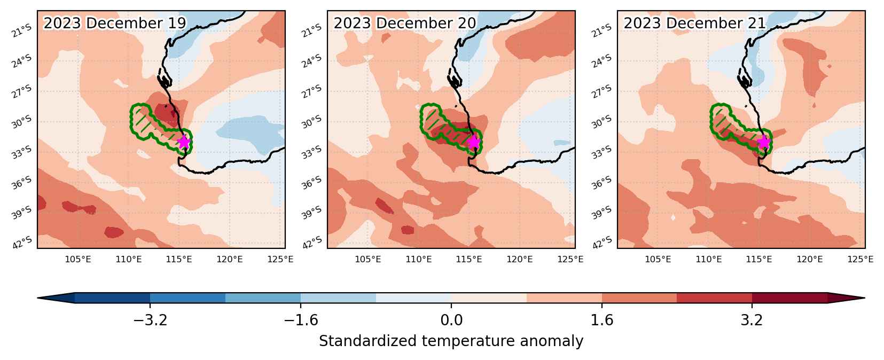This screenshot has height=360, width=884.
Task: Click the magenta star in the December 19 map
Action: pyautogui.click(x=184, y=142)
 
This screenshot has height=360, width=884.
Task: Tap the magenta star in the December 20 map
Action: pyautogui.click(x=474, y=142)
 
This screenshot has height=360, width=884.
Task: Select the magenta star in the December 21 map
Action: pyautogui.click(x=764, y=142)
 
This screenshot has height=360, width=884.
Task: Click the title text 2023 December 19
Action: pyautogui.click(x=115, y=23)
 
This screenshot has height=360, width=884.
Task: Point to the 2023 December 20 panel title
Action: pyautogui.click(x=405, y=23)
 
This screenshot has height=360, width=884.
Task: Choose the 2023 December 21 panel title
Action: pyautogui.click(x=694, y=23)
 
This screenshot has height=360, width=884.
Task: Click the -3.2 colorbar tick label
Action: pyautogui.click(x=150, y=320)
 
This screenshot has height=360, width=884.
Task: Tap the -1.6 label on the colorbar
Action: pyautogui.click(x=301, y=320)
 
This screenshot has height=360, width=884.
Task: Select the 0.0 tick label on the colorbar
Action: pyautogui.click(x=451, y=320)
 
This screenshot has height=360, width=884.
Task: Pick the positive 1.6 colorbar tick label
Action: pyautogui.click(x=602, y=320)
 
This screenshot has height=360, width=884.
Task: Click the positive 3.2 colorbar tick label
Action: pyautogui.click(x=752, y=320)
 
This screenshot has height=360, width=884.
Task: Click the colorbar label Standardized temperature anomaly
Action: pyautogui.click(x=451, y=341)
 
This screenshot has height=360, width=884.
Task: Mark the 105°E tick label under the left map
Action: pyautogui.click(x=78, y=260)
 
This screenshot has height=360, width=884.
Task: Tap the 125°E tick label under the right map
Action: pyautogui.click(x=860, y=260)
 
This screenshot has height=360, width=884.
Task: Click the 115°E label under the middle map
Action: pyautogui.click(x=469, y=260)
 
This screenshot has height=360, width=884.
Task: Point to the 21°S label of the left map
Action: pyautogui.click(x=22, y=30)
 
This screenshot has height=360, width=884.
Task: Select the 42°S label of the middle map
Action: pyautogui.click(x=312, y=242)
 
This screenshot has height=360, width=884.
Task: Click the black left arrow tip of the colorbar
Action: pyautogui.click(x=38, y=298)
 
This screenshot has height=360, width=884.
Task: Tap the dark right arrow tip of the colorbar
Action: pyautogui.click(x=864, y=298)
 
